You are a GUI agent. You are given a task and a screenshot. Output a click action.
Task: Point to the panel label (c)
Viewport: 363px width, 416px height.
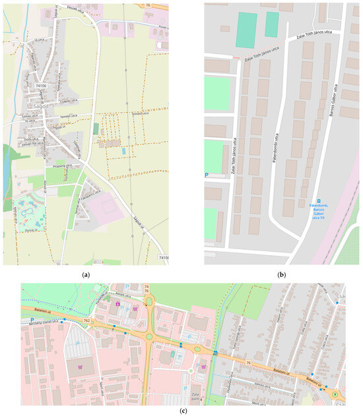181,410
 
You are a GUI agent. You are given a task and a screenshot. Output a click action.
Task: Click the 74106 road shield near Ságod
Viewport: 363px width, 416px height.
41,86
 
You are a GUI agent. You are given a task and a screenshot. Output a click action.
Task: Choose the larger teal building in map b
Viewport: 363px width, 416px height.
246,30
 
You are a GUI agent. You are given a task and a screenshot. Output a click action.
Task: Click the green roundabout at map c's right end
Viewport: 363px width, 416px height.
335,394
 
